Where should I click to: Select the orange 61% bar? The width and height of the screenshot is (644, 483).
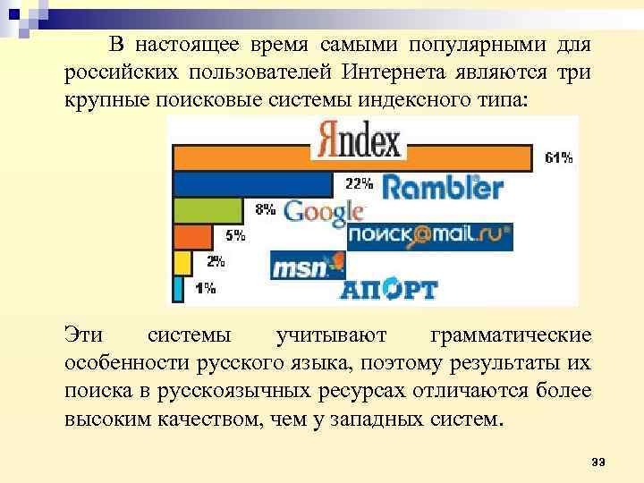[353, 158]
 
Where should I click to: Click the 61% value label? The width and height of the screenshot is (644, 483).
[559, 158]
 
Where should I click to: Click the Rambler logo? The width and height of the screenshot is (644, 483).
[443, 187]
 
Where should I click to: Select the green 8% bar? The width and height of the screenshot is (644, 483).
[208, 210]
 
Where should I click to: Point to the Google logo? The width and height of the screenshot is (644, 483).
[324, 212]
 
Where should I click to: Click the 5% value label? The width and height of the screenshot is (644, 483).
[234, 236]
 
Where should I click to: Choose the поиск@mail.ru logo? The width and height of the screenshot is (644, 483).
[429, 235]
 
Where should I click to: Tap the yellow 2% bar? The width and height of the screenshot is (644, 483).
[182, 262]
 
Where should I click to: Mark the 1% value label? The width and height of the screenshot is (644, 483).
[205, 288]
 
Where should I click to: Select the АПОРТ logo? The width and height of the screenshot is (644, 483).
[388, 289]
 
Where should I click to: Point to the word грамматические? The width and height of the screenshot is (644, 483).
[510, 335]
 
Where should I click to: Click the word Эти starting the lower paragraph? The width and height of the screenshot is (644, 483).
[84, 335]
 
